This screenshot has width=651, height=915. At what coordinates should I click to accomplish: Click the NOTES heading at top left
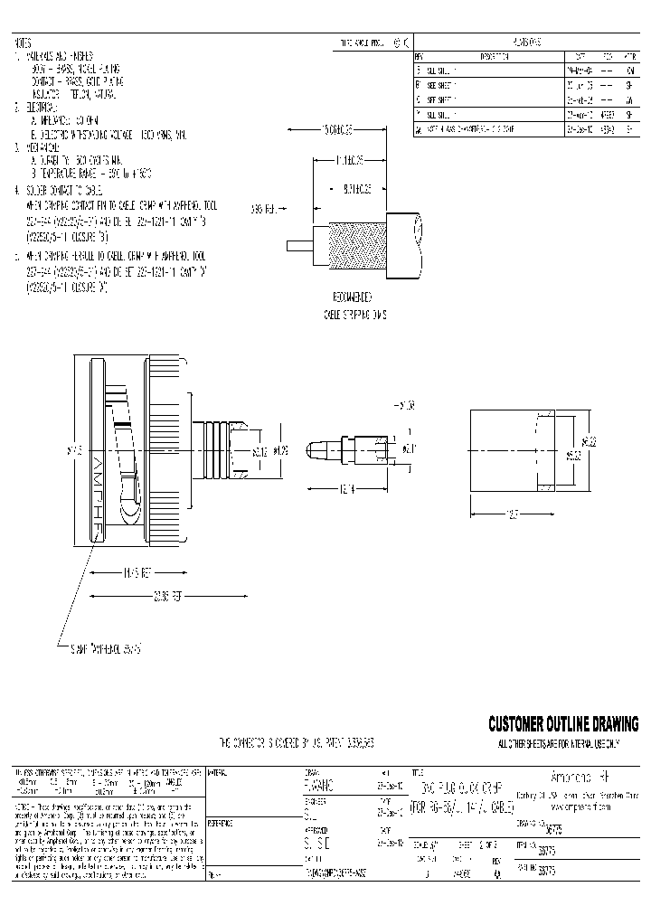point(24,42)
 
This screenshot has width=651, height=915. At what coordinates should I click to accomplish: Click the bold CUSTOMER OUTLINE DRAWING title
point(562,724)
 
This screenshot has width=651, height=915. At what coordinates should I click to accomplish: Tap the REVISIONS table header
point(526,42)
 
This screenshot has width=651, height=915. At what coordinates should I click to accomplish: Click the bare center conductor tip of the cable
point(297,245)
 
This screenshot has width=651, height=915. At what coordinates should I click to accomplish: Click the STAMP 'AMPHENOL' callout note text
point(107,647)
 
